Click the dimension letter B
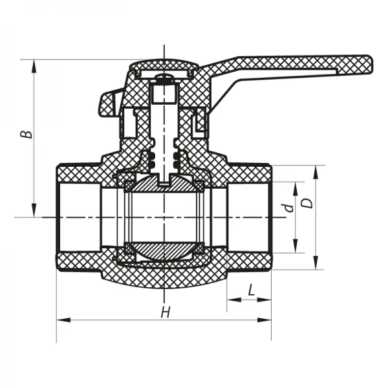[25, 134]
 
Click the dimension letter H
[166, 312]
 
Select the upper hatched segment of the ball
[165, 185]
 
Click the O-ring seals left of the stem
[153, 162]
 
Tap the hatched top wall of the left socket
[78, 173]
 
